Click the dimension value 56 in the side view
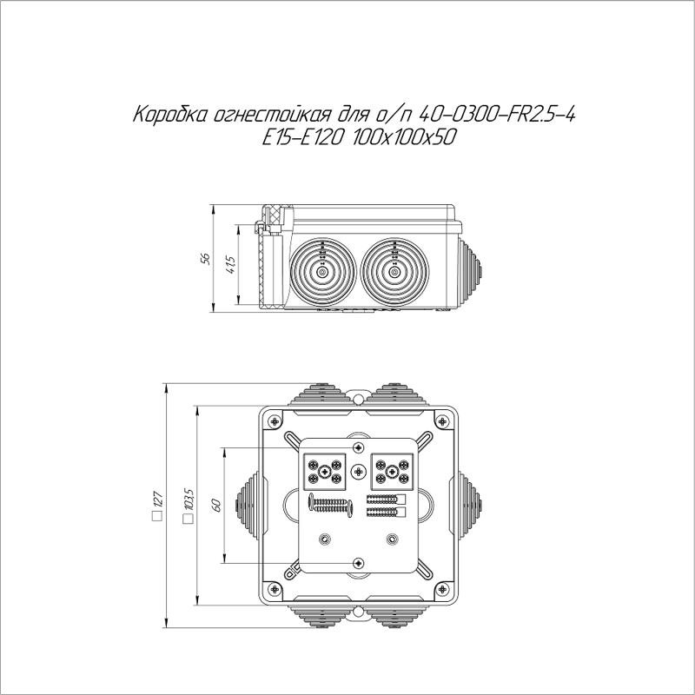click(206, 259)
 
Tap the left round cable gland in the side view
click(322, 272)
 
